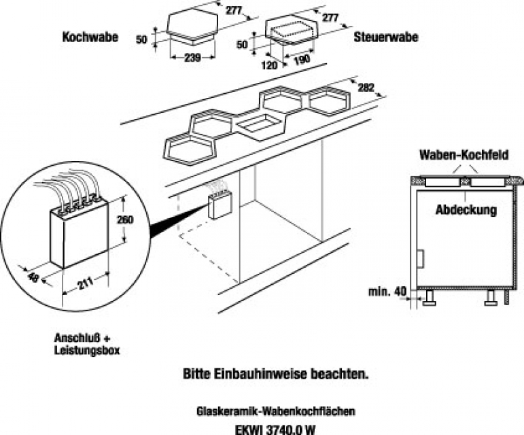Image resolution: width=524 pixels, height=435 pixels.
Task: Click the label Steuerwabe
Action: (x=385, y=38)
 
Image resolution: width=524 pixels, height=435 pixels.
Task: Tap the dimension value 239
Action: (x=192, y=58)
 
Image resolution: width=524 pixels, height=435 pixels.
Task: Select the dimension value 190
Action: (x=302, y=60)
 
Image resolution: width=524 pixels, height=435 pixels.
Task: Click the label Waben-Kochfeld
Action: (x=464, y=154)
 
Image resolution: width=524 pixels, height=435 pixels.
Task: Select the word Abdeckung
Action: (x=466, y=209)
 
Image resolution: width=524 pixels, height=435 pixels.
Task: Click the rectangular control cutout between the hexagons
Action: (x=259, y=125)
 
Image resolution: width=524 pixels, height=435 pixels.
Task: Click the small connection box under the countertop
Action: (x=220, y=202)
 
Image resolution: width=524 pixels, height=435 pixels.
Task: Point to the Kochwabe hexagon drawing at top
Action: (x=192, y=24)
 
